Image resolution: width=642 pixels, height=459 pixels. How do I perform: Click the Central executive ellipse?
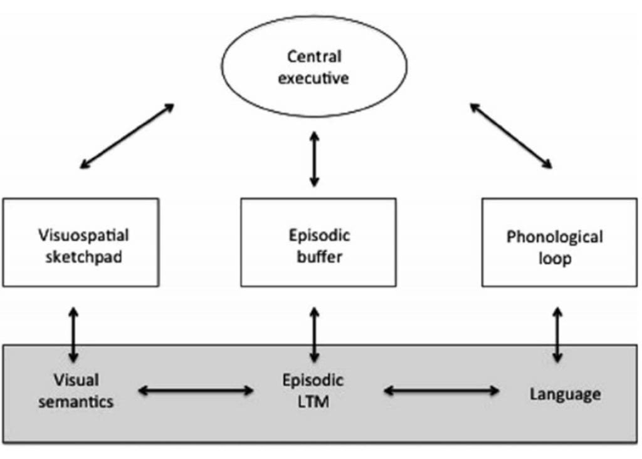point(315,68)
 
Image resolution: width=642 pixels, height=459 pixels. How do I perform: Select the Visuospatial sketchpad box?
point(81,243)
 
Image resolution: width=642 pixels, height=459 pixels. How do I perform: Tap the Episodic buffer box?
point(318,243)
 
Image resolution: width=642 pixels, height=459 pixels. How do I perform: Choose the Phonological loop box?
point(559,243)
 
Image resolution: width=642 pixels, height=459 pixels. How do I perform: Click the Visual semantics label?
point(76,391)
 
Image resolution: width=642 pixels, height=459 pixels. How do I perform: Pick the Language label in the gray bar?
point(564,394)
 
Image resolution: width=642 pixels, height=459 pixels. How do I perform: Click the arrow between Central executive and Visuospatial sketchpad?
point(127,137)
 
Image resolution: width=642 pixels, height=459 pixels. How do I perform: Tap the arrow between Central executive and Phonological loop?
point(511,137)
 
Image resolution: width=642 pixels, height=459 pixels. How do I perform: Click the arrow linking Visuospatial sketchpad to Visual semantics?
point(74,334)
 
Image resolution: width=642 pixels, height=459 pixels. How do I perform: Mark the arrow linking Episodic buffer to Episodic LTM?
point(314,334)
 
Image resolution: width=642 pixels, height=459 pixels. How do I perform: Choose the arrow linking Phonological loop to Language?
point(557,334)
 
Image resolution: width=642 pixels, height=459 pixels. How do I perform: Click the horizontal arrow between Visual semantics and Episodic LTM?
point(196,391)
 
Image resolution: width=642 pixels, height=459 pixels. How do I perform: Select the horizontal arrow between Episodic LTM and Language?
point(441,391)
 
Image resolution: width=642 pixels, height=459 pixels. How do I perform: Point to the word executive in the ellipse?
point(313,80)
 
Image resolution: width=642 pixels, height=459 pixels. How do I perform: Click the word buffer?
point(318,257)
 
